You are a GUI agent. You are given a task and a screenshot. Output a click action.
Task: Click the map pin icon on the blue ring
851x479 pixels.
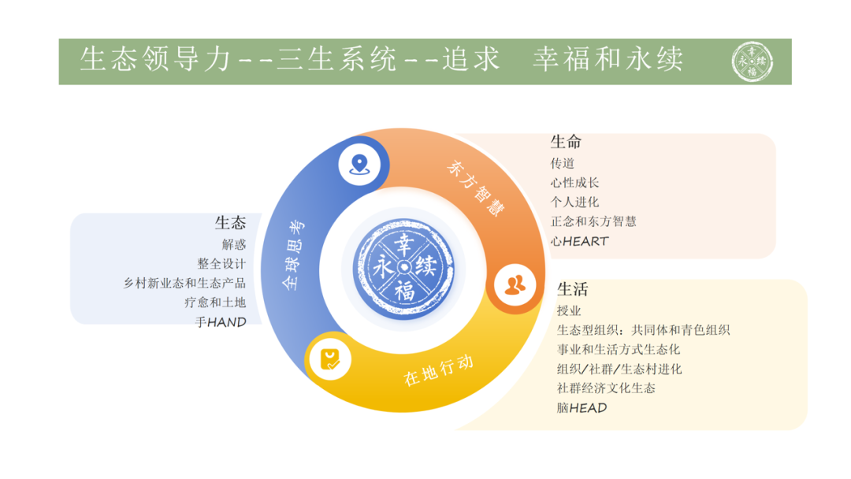click(361, 165)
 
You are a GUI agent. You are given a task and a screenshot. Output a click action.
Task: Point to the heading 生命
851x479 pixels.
click(566, 143)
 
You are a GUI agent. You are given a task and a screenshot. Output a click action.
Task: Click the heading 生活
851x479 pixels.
click(572, 289)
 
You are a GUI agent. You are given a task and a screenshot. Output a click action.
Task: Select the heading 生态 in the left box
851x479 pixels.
click(230, 223)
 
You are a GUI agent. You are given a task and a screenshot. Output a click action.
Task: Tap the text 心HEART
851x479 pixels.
click(580, 241)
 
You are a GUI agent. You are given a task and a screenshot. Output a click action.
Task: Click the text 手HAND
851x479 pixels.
click(221, 322)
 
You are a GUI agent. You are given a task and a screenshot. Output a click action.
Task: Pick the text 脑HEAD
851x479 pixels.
click(582, 407)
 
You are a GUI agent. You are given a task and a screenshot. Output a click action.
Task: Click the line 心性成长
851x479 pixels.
click(574, 183)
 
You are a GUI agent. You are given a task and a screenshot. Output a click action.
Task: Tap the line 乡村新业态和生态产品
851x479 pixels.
click(184, 283)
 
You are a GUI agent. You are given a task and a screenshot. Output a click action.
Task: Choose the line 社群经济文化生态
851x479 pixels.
click(606, 388)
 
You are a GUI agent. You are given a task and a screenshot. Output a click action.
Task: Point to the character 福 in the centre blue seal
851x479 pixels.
click(405, 290)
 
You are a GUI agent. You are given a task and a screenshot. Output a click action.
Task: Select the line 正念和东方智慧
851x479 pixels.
click(593, 221)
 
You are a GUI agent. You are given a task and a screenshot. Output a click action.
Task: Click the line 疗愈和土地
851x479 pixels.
click(215, 303)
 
